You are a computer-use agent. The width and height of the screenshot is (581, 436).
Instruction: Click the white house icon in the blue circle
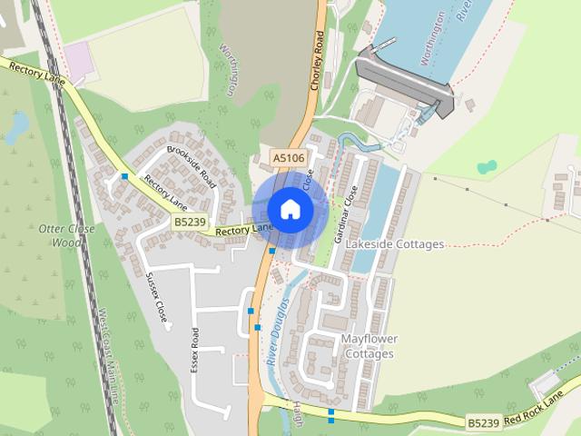[x=290, y=209]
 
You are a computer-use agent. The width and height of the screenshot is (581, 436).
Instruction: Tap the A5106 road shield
[x=289, y=158]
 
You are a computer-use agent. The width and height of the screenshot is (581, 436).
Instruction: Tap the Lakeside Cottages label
[x=400, y=244]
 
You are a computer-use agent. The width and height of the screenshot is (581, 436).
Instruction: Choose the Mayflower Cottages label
[x=369, y=346]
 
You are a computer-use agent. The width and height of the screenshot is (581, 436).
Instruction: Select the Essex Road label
[x=194, y=351]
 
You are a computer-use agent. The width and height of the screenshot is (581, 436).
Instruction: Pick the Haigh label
[x=296, y=414]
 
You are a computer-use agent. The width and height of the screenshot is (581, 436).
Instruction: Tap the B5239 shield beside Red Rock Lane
[x=484, y=423]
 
